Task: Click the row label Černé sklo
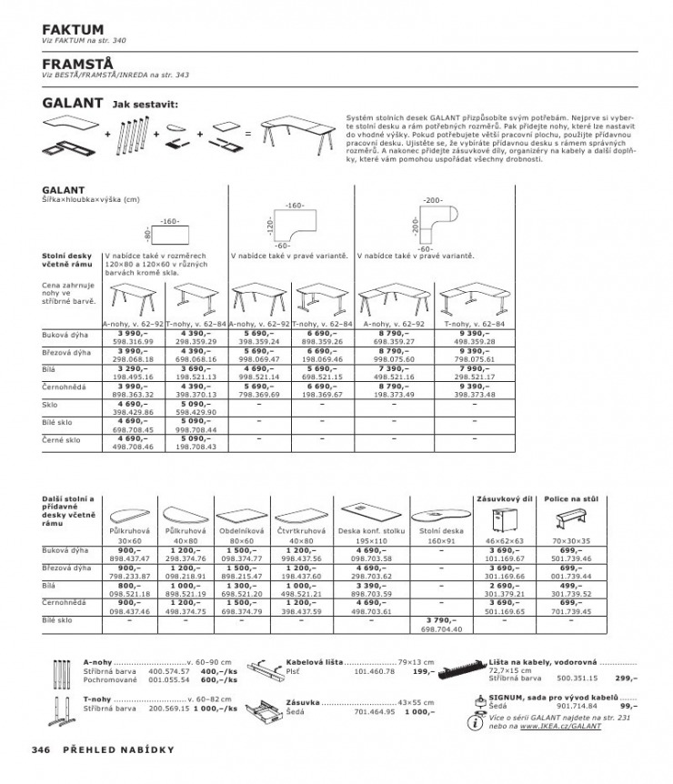62,439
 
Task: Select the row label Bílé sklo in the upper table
60,423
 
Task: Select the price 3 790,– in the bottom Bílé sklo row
442,619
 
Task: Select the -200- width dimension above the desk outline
433,198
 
